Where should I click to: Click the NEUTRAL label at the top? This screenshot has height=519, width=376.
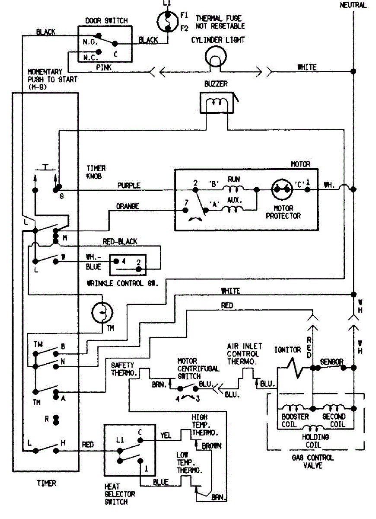tap(353, 5)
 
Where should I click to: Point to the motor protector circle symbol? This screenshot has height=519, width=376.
tap(283, 189)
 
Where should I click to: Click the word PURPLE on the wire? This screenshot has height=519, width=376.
tap(129, 186)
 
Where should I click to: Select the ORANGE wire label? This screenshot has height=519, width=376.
tap(127, 207)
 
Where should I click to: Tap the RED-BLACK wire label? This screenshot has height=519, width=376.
tap(120, 242)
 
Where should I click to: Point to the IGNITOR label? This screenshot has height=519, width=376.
tap(287, 350)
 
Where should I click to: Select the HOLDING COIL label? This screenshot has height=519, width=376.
tap(315, 440)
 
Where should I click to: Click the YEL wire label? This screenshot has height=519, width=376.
tap(166, 436)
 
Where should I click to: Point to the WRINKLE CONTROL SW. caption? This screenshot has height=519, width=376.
tap(122, 284)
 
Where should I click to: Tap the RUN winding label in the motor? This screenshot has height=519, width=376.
tap(234, 179)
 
